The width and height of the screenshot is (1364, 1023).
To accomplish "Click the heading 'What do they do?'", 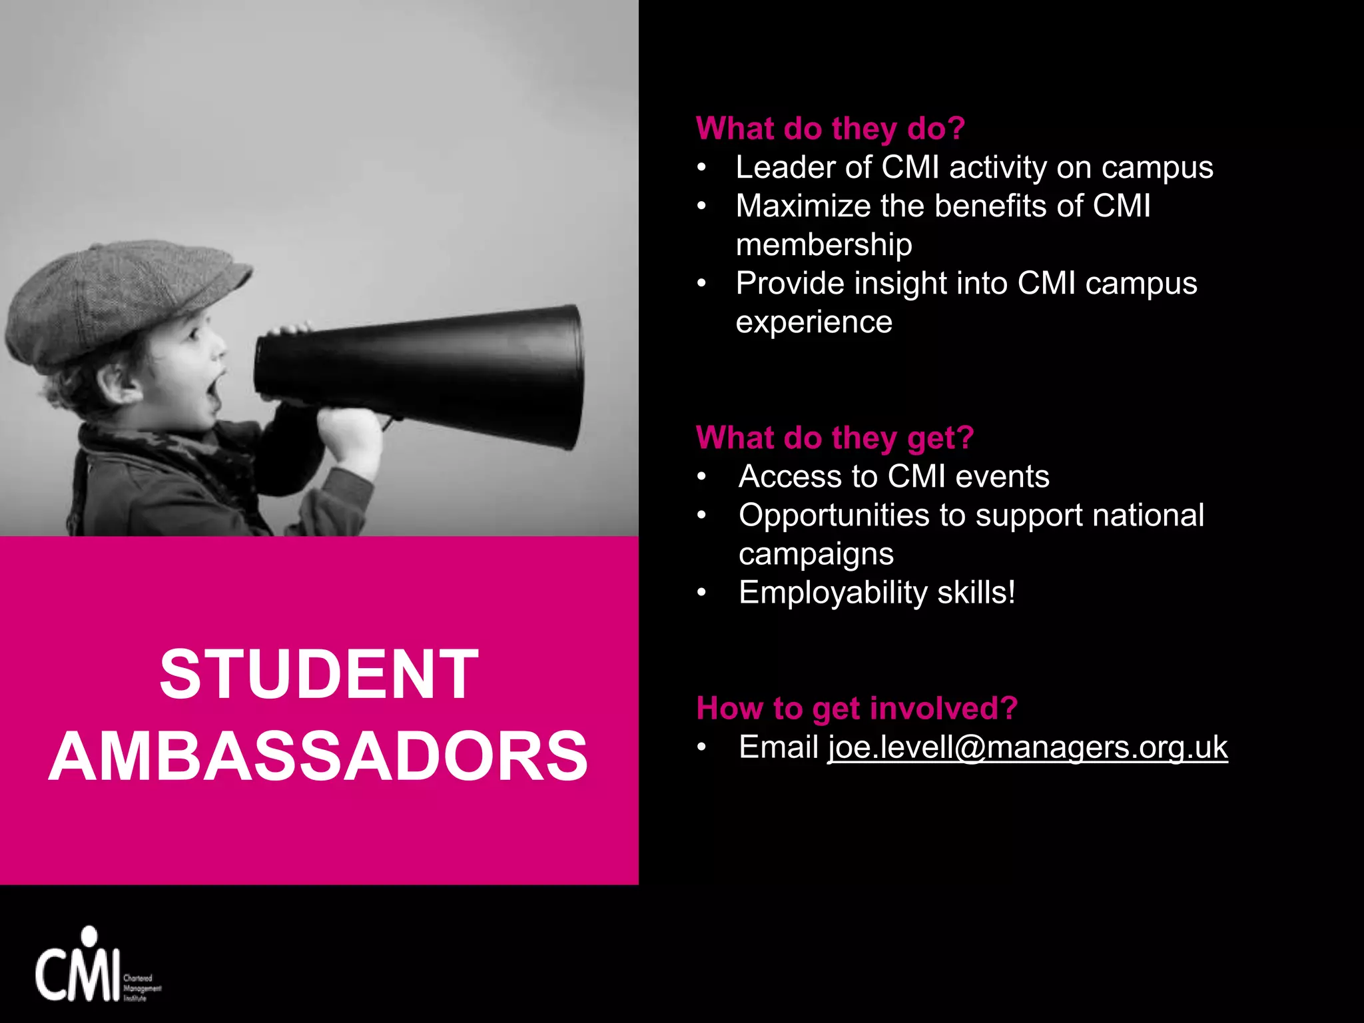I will pyautogui.click(x=830, y=128).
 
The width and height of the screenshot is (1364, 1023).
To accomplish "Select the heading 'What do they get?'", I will pyautogui.click(x=835, y=438).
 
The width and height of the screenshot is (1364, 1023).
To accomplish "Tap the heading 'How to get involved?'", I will pyautogui.click(x=856, y=707).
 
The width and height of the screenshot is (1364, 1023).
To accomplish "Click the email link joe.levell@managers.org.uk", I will pyautogui.click(x=1027, y=747).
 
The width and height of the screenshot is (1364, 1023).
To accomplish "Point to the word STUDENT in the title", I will pyautogui.click(x=319, y=674).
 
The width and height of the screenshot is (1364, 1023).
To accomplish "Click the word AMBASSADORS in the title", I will pyautogui.click(x=318, y=757).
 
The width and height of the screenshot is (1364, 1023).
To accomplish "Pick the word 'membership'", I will pyautogui.click(x=824, y=245).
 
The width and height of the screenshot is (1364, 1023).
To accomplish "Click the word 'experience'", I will pyautogui.click(x=814, y=322).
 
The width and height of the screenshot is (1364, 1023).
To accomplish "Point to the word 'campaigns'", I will pyautogui.click(x=816, y=554).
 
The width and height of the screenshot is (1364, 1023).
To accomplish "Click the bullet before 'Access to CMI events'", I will pyautogui.click(x=701, y=477).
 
